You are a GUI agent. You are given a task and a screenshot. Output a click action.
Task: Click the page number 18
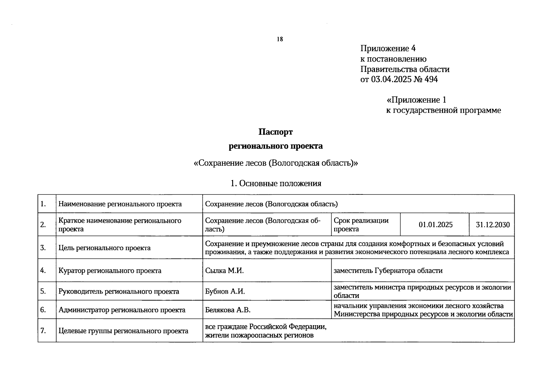click(280, 39)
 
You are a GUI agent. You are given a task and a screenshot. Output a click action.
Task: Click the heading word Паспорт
click(276, 132)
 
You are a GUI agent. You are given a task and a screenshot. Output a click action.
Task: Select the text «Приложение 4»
click(388, 48)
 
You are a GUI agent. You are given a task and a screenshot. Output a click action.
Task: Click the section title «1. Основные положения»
click(276, 183)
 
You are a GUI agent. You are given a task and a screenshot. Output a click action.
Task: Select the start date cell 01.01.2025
click(435, 225)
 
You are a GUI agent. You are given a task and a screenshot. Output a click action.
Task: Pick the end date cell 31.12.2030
click(492, 225)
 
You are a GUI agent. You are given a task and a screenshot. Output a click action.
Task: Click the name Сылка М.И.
click(224, 271)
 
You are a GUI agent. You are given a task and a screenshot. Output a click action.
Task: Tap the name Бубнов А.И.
click(225, 291)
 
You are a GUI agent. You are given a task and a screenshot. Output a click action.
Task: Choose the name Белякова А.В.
click(228, 310)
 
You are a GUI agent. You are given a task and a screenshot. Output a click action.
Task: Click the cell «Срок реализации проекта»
click(361, 225)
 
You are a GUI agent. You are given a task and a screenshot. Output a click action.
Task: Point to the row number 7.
click(43, 331)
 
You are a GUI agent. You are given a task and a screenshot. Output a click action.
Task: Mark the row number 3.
click(43, 248)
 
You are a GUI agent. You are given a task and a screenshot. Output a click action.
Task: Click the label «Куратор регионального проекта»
click(110, 271)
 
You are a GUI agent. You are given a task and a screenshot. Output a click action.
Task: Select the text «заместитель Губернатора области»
click(388, 271)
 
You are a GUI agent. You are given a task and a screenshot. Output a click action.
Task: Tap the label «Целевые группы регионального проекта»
click(123, 331)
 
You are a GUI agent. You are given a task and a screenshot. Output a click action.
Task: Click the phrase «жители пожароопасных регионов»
click(259, 335)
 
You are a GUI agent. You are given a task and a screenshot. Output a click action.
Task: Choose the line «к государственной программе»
click(443, 111)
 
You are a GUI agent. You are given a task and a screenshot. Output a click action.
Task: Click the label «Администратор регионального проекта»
click(122, 310)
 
